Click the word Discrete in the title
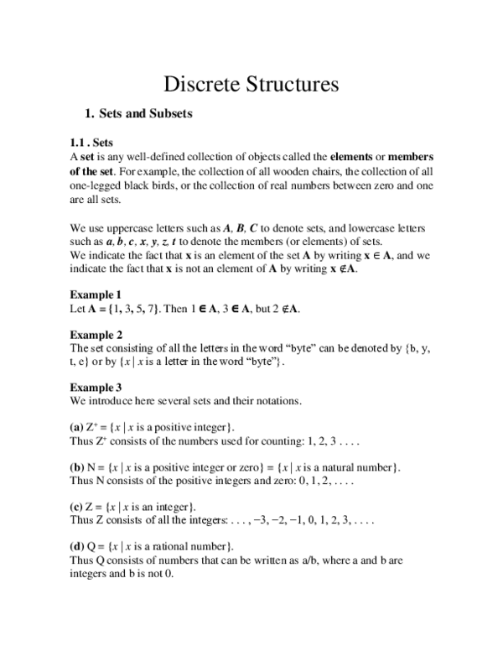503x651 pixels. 199,84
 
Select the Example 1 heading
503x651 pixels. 96,294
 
